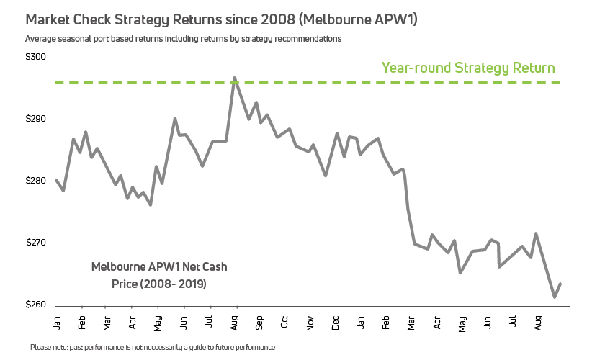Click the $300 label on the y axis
pyautogui.click(x=35, y=58)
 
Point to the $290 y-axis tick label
pyautogui.click(x=35, y=119)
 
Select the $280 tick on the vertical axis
pyautogui.click(x=35, y=181)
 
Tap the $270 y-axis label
pyautogui.click(x=35, y=243)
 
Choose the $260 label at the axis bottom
pyautogui.click(x=35, y=305)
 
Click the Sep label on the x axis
pyautogui.click(x=260, y=320)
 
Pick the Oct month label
pyautogui.click(x=285, y=320)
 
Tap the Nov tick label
pyautogui.click(x=310, y=320)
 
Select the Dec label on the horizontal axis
pyautogui.click(x=336, y=320)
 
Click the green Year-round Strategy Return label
pyautogui.click(x=468, y=68)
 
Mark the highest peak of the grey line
pyautogui.click(x=234, y=77)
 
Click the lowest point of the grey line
pyautogui.click(x=554, y=297)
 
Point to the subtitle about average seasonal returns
pyautogui.click(x=183, y=38)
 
